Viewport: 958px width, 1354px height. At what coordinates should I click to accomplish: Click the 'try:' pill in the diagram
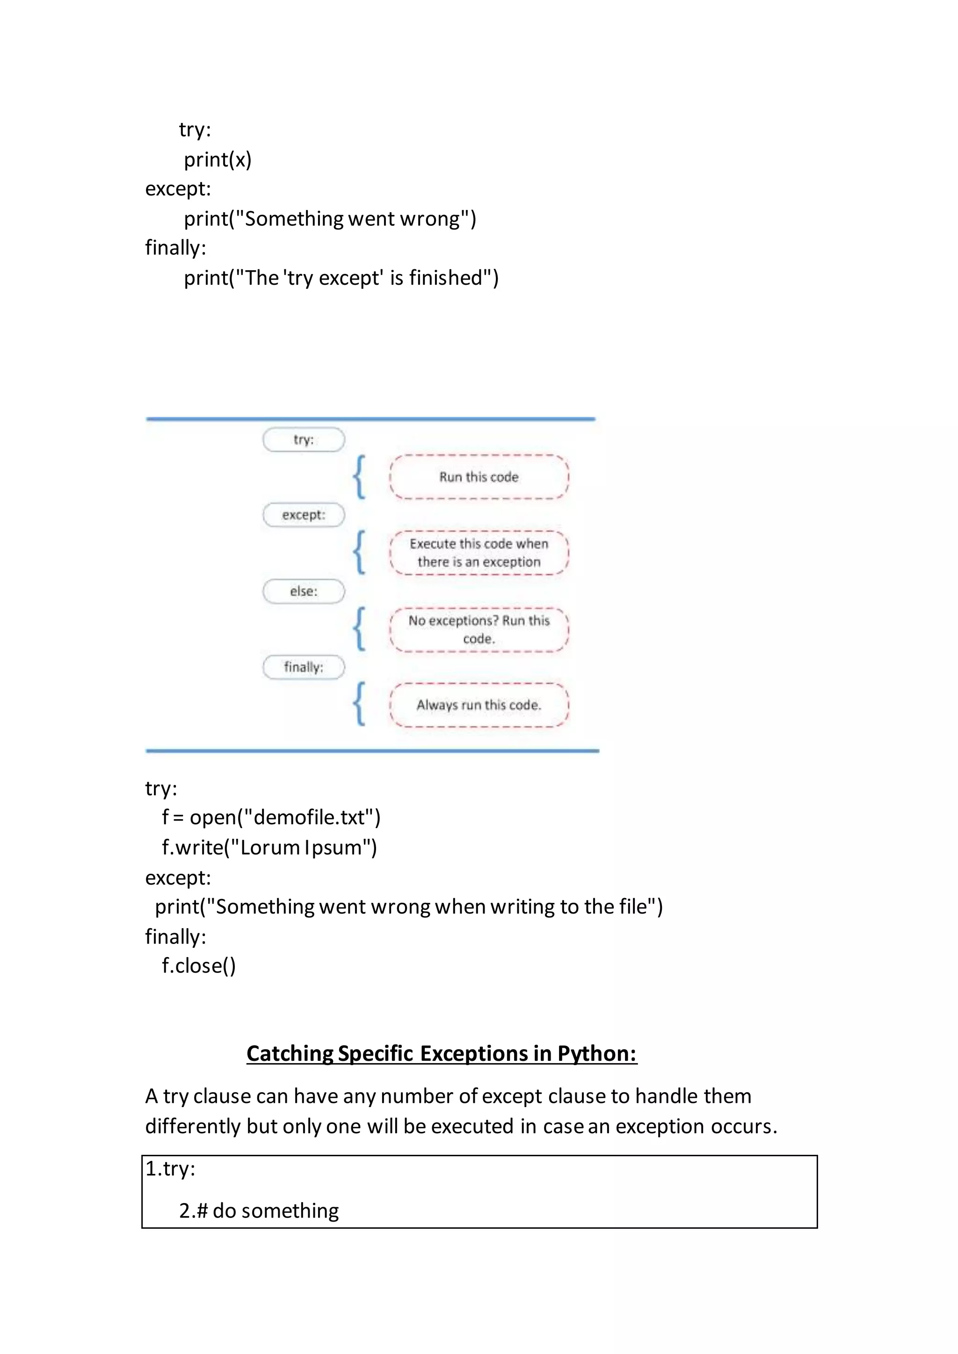[303, 439]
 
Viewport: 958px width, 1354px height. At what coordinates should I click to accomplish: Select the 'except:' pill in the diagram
[303, 515]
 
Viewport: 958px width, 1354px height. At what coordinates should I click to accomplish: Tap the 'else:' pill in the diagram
[303, 591]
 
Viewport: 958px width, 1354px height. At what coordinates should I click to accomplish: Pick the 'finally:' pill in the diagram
[303, 667]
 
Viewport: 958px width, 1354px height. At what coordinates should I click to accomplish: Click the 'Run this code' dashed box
[479, 477]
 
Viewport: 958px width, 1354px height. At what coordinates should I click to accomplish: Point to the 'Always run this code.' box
[479, 705]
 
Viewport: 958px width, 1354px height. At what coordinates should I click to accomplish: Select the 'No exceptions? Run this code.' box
[479, 629]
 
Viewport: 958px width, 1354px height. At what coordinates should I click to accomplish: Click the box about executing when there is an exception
[479, 553]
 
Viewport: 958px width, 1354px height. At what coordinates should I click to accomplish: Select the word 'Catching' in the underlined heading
[290, 1054]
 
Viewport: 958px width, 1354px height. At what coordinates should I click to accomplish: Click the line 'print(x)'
[218, 159]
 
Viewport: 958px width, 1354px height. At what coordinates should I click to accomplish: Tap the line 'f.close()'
[199, 966]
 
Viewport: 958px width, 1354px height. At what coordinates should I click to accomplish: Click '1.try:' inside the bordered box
[170, 1168]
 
